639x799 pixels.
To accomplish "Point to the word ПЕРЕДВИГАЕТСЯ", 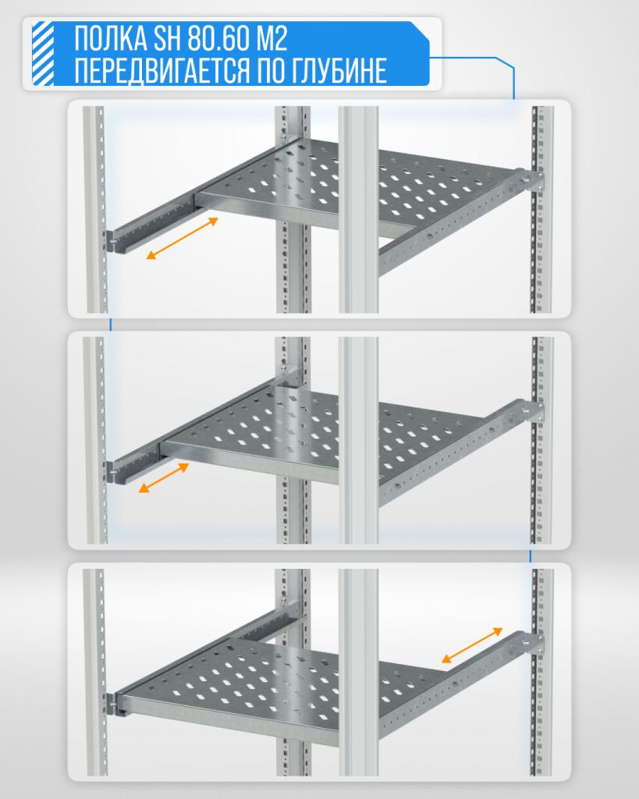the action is coord(162,70).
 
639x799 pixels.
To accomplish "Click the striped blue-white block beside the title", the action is coord(43,54).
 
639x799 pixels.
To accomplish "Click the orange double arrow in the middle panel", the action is coord(164,478).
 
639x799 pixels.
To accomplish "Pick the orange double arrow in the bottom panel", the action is coord(472,645).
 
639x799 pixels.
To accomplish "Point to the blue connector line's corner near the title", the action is coord(512,62).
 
